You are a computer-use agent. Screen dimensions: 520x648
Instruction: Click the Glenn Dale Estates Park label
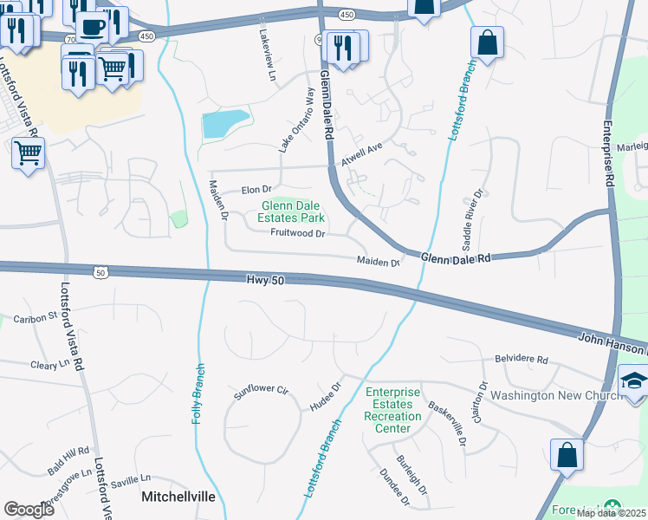(x=293, y=211)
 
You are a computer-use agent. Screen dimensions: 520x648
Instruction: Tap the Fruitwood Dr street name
(x=297, y=234)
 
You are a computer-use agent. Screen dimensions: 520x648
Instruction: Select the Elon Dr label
(x=256, y=189)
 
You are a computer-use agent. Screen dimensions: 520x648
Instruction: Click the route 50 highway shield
(x=100, y=273)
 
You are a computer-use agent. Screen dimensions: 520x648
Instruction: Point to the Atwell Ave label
(x=361, y=154)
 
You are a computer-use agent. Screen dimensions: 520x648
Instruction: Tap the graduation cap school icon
(x=633, y=382)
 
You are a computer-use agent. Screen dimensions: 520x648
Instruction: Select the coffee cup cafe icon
(x=93, y=29)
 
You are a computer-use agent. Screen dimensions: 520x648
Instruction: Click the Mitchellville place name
(x=178, y=498)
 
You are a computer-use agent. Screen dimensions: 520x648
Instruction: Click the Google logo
(x=29, y=510)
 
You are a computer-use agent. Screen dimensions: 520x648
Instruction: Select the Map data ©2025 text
(x=611, y=513)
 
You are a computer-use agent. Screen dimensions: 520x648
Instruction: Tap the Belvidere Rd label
(x=522, y=359)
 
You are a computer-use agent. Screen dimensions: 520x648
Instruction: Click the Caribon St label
(x=35, y=318)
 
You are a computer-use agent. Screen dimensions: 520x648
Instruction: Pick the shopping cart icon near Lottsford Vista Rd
(x=29, y=153)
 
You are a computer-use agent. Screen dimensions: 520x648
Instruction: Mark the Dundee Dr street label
(x=394, y=487)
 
